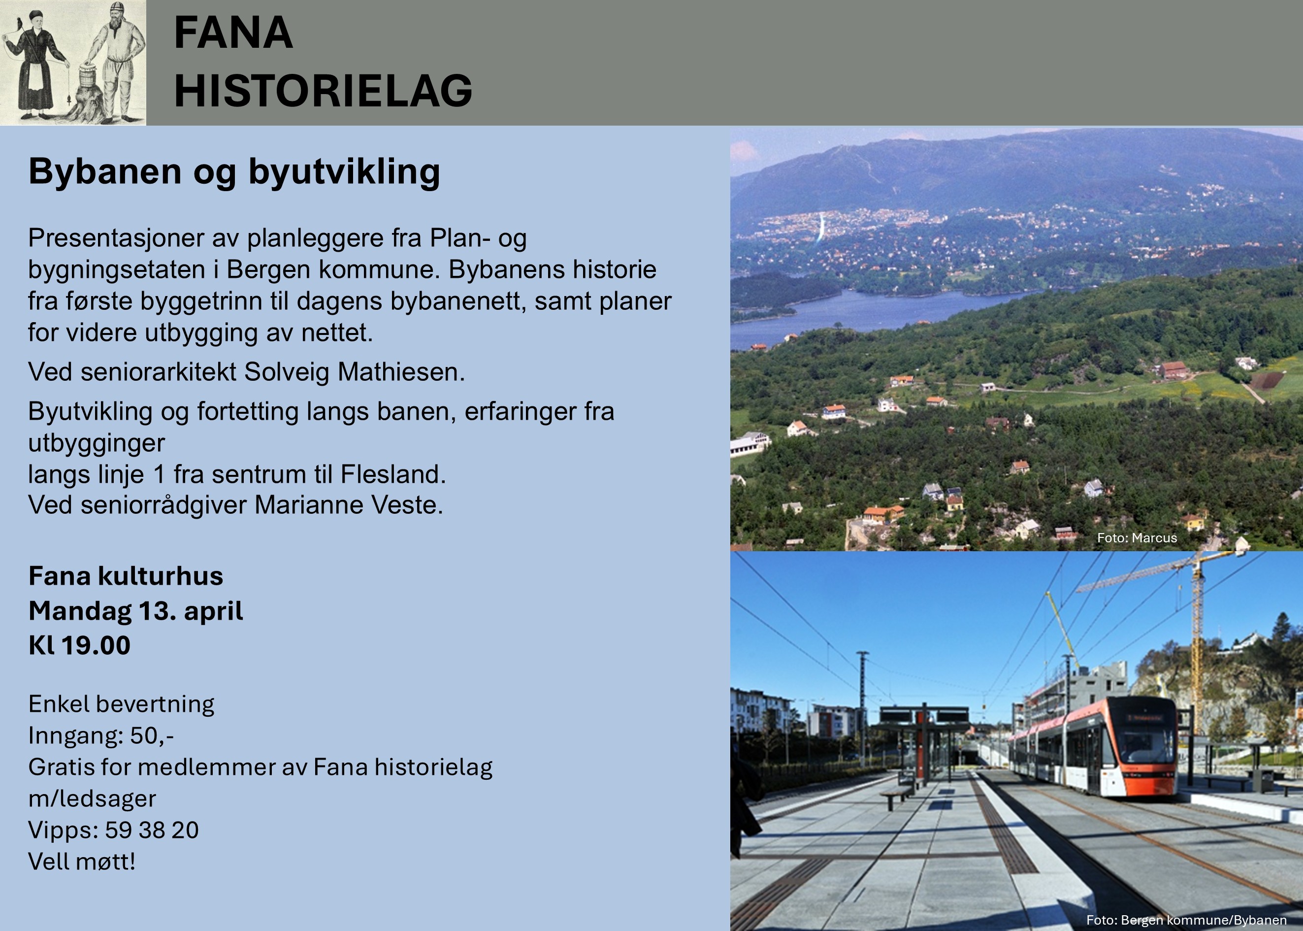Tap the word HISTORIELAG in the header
click(323, 91)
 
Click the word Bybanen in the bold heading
click(105, 171)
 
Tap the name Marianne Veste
click(348, 505)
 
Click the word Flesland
click(392, 474)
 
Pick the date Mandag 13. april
click(136, 610)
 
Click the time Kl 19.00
click(80, 645)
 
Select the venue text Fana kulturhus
click(126, 575)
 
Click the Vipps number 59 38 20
click(151, 830)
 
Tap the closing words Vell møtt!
click(82, 861)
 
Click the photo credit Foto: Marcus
click(1137, 538)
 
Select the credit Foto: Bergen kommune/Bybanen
click(1186, 920)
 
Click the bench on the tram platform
click(896, 794)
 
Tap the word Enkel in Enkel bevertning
click(58, 704)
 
